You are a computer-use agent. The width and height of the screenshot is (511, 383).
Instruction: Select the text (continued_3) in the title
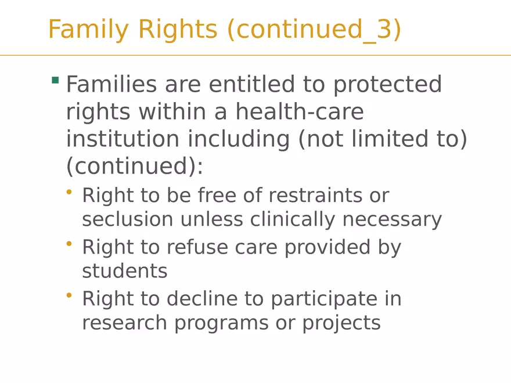pyautogui.click(x=314, y=30)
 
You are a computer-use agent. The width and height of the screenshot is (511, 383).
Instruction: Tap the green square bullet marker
pyautogui.click(x=55, y=80)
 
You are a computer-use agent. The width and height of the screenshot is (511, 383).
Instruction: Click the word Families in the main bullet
pyautogui.click(x=111, y=85)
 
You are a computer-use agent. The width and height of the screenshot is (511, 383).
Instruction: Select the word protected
pyautogui.click(x=387, y=85)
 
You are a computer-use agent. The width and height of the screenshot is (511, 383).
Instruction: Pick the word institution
pyautogui.click(x=119, y=139)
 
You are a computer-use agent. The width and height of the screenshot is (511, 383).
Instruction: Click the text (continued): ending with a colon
pyautogui.click(x=135, y=167)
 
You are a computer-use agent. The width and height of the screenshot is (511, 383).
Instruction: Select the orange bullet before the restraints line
pyautogui.click(x=70, y=191)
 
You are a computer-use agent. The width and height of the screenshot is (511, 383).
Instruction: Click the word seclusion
pyautogui.click(x=127, y=220)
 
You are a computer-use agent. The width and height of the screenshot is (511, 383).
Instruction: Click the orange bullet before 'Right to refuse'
pyautogui.click(x=70, y=244)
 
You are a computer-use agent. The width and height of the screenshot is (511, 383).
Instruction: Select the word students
pyautogui.click(x=124, y=271)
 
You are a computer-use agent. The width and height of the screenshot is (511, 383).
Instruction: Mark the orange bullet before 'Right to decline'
pyautogui.click(x=70, y=295)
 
